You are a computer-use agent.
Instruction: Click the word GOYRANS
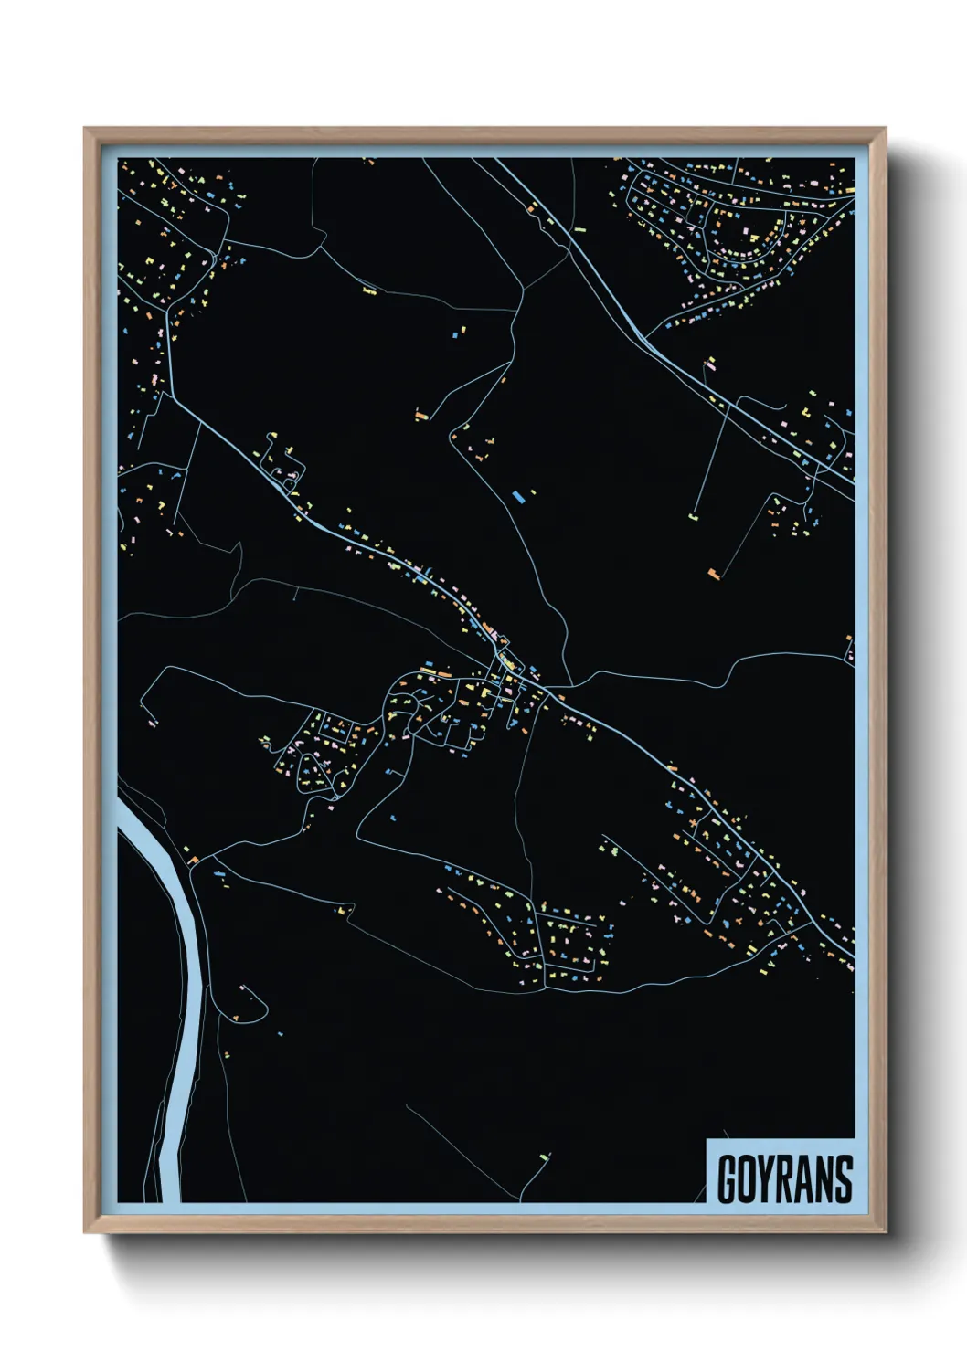pos(784,1179)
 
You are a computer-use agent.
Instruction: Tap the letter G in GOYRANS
pos(729,1179)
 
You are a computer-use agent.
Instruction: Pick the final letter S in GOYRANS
pos(843,1179)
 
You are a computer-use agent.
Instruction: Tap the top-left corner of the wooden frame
pos(86,130)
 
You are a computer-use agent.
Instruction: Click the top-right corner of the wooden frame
pos(885,130)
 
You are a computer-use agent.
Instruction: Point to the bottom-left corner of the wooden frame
pos(86,1231)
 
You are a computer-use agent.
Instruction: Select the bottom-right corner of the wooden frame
pos(885,1231)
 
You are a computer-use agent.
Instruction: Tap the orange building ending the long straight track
pos(714,574)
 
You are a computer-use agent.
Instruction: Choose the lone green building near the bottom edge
pos(546,1157)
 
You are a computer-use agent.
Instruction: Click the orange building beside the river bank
pos(193,859)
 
